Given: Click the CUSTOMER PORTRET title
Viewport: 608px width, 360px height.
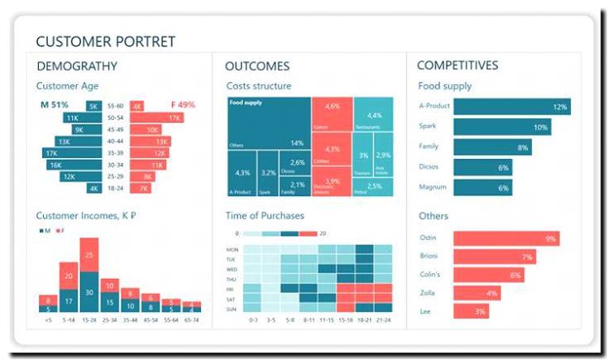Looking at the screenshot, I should click(105, 41).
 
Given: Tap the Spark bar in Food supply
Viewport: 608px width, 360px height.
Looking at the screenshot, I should click(501, 127).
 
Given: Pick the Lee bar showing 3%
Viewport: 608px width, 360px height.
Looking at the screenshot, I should click(471, 311).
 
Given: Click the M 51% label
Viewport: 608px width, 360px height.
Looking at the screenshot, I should click(55, 105).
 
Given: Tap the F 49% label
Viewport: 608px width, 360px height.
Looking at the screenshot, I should click(182, 105).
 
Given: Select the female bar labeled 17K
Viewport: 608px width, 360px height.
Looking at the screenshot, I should click(157, 118).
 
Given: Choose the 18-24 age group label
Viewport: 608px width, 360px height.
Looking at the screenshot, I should click(116, 189).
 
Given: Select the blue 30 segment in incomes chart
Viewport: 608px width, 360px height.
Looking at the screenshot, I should click(89, 292).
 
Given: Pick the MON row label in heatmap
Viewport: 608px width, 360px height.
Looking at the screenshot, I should click(232, 249).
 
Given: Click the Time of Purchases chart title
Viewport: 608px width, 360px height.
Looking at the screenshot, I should click(265, 215).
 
